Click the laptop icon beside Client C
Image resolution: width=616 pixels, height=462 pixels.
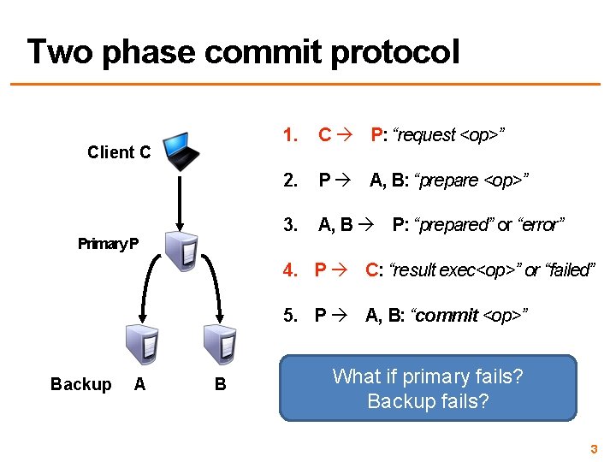point(182,151)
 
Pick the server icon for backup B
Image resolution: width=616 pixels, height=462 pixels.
point(220,345)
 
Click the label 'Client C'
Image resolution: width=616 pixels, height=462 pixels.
point(119,153)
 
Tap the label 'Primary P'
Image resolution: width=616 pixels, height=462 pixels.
point(108,244)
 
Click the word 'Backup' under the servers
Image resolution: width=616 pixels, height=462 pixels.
point(80,384)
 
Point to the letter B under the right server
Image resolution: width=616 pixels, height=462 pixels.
point(220,384)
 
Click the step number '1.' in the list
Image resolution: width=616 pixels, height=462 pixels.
point(291,134)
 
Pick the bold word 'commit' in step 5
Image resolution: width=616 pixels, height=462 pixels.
point(447,316)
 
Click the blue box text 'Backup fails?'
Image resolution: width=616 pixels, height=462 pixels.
point(428,400)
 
